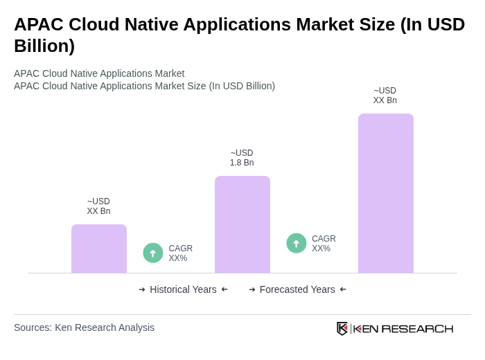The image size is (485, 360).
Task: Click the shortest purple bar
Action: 99,249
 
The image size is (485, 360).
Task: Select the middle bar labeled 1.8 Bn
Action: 242,224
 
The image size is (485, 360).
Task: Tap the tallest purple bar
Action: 386,193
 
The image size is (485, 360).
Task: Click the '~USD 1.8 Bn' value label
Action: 242,158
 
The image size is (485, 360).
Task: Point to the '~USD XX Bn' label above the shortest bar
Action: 98,206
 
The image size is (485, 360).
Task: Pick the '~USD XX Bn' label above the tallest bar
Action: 385,96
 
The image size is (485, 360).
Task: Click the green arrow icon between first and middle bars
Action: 153,253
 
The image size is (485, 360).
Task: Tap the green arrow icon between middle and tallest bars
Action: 297,244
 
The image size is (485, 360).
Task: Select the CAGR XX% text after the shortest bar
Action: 180,253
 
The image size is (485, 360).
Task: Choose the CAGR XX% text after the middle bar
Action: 324,244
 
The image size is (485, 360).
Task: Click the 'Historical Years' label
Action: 183,289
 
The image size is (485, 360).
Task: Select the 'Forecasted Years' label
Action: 297,289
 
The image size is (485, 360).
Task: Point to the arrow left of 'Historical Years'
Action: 142,289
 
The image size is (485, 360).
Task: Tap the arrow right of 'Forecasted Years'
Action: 343,289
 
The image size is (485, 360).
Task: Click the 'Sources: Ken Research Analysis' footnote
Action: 84,327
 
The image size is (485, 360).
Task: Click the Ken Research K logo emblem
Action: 342,328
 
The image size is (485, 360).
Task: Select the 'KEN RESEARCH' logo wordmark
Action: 403,329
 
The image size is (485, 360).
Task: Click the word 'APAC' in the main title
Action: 39,24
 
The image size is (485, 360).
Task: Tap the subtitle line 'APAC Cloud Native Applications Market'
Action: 99,73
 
